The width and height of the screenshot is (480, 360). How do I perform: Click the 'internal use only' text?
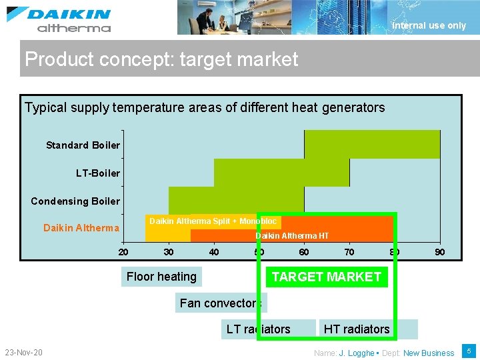(x=429, y=25)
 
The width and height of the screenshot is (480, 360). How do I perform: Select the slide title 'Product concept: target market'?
(x=161, y=59)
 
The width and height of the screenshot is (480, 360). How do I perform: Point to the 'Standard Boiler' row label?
(x=83, y=145)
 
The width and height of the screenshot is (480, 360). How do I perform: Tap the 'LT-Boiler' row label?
(x=97, y=173)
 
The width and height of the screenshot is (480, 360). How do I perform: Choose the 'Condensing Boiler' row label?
(x=75, y=201)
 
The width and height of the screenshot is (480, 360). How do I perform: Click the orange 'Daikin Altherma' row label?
(x=81, y=228)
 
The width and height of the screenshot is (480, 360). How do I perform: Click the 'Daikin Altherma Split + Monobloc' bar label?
(x=213, y=221)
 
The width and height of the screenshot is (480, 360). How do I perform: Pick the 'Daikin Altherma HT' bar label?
(x=292, y=236)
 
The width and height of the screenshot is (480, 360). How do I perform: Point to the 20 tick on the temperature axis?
(x=123, y=252)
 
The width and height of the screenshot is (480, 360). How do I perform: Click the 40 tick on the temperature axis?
(x=214, y=252)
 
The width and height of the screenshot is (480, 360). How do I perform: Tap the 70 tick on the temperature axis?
(x=349, y=252)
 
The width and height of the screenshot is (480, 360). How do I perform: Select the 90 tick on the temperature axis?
(x=440, y=252)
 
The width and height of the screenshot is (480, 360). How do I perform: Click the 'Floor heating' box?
(x=161, y=277)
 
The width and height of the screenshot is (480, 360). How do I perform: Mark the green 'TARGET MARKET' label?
(x=327, y=277)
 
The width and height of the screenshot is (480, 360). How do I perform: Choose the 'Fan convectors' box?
(x=219, y=303)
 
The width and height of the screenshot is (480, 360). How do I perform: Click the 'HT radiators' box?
(x=357, y=329)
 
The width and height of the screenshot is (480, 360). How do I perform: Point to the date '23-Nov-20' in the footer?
(x=23, y=352)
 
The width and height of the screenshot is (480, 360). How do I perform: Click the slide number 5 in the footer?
(x=469, y=351)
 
